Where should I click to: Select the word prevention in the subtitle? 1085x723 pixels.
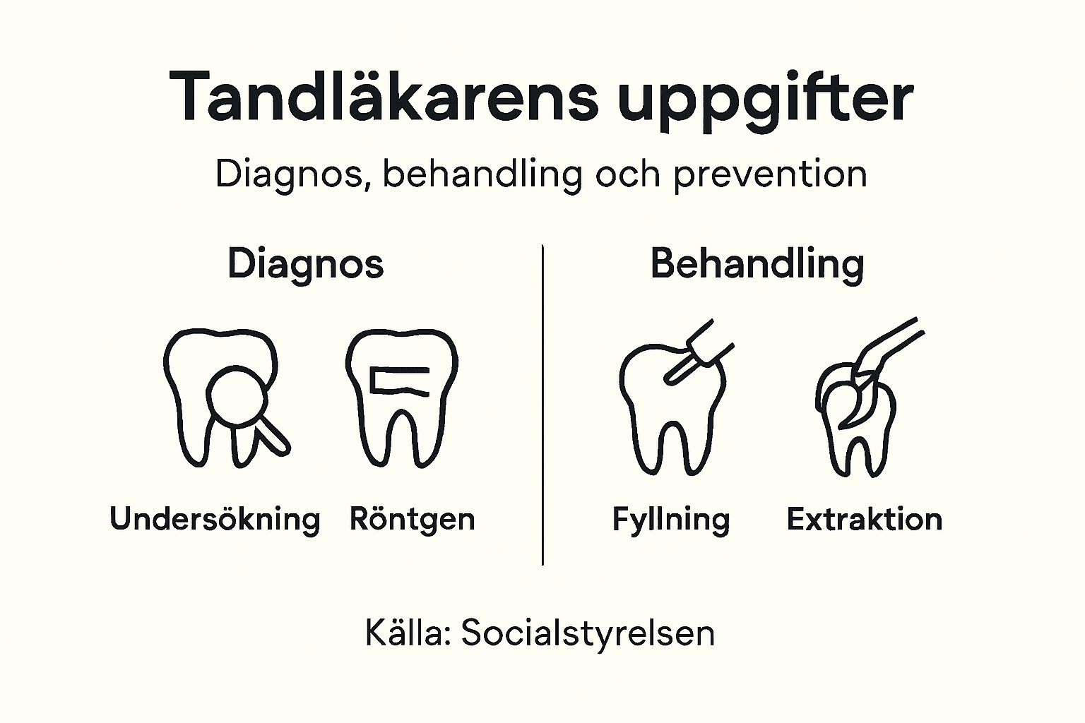[x=770, y=174]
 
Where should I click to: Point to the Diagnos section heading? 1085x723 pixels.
[x=305, y=264]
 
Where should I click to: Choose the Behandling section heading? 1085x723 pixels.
[x=757, y=264]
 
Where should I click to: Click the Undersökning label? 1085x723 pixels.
[x=215, y=520]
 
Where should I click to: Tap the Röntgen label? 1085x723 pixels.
[x=412, y=520]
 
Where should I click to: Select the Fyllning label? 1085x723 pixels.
[x=670, y=520]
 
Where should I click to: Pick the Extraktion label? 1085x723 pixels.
[x=864, y=520]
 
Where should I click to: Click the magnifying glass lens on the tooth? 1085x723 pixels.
[x=236, y=395]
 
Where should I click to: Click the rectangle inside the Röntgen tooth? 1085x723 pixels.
[x=400, y=381]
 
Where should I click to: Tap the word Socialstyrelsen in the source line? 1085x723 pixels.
[x=588, y=633]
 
